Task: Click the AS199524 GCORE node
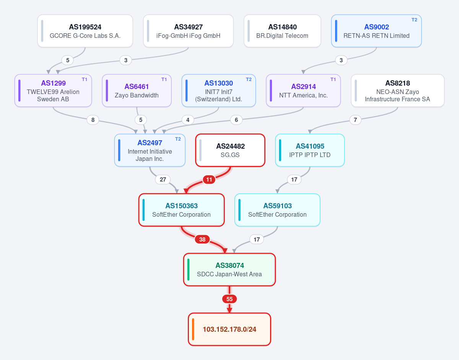coord(85,31)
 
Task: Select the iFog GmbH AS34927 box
coord(188,31)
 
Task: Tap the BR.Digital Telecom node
coord(282,31)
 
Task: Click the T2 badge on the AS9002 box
coord(414,20)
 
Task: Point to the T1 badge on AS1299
coord(85,79)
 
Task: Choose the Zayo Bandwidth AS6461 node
coord(137,91)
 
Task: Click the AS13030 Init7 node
coord(219,91)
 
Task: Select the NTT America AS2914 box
coord(303,91)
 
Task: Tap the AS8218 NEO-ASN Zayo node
coord(397,91)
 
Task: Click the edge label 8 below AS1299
coord(93,120)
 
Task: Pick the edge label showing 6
coord(236,120)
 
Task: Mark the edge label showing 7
coord(355,120)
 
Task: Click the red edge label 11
coord(209,180)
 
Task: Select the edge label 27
coord(163,180)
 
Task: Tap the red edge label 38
coord(202,239)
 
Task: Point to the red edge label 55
coord(229,299)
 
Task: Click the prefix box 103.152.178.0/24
coord(229,329)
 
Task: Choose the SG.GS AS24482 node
coord(230,150)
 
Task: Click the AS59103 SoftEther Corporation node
coord(277,210)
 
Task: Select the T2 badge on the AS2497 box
coord(178,139)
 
